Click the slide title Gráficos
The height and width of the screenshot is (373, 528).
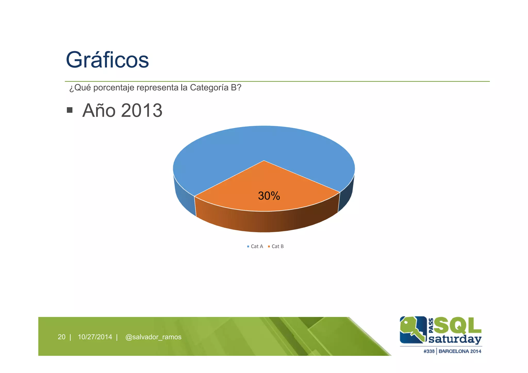(x=107, y=60)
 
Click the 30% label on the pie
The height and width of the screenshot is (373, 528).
(x=269, y=196)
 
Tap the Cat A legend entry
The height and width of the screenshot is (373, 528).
(x=255, y=246)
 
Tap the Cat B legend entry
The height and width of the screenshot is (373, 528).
(x=276, y=246)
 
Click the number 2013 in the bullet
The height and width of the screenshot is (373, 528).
(x=142, y=111)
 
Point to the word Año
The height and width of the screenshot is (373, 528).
(x=99, y=111)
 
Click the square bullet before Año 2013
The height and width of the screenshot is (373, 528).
(x=70, y=110)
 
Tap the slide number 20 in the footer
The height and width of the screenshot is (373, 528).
(x=62, y=337)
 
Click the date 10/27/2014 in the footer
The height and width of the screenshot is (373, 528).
(x=95, y=337)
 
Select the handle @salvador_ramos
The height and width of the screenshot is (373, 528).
(x=153, y=337)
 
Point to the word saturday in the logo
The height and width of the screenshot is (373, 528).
(x=455, y=339)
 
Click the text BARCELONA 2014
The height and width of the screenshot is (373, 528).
(x=460, y=351)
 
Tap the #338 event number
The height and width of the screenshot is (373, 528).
(x=429, y=351)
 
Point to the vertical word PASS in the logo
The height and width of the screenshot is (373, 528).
(x=431, y=325)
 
